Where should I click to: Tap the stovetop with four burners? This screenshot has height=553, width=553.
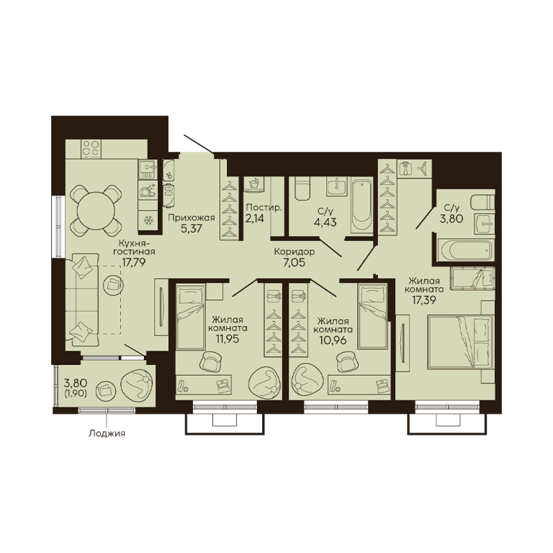pyautogui.click(x=91, y=149)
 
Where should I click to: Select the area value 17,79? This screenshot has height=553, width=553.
pyautogui.click(x=134, y=262)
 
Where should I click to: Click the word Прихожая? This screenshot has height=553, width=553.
pyautogui.click(x=191, y=217)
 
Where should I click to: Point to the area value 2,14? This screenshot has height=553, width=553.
pyautogui.click(x=255, y=218)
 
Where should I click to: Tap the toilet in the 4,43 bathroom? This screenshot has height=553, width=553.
pyautogui.click(x=302, y=189)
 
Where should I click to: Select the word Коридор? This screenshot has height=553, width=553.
pyautogui.click(x=295, y=252)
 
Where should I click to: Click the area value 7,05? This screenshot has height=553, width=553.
pyautogui.click(x=294, y=263)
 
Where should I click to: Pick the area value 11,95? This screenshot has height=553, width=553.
pyautogui.click(x=228, y=339)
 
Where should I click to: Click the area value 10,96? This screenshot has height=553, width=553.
pyautogui.click(x=333, y=340)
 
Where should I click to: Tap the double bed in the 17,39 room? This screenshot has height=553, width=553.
pyautogui.click(x=459, y=342)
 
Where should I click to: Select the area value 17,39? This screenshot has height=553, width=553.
pyautogui.click(x=424, y=300)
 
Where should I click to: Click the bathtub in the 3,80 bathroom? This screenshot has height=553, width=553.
pyautogui.click(x=465, y=250)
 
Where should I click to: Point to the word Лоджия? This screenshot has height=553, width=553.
pyautogui.click(x=107, y=433)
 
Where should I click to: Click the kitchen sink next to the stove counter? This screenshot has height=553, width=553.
pyautogui.click(x=148, y=169)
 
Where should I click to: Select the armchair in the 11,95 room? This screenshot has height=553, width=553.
pyautogui.click(x=210, y=361)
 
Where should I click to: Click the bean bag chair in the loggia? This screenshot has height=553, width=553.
pyautogui.click(x=138, y=386)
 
